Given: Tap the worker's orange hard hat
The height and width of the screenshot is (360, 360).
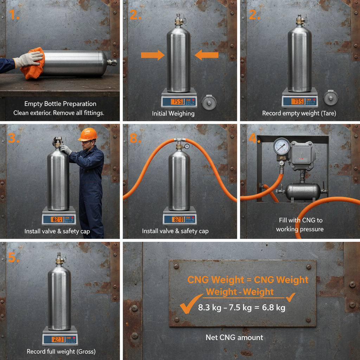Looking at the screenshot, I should [x=88, y=134].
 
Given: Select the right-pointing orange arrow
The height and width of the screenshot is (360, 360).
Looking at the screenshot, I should [x=153, y=55].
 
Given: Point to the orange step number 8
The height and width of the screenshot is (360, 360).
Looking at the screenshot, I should [x=135, y=138].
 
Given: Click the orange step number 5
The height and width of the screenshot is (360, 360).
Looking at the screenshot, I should [x=13, y=258].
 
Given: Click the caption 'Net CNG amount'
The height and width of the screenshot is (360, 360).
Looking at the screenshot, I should [x=234, y=337].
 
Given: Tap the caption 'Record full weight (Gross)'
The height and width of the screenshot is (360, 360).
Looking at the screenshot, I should [x=61, y=351].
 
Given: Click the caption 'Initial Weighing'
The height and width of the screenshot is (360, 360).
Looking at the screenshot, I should [x=173, y=114].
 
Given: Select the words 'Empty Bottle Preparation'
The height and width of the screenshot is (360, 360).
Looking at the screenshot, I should [x=60, y=104].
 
